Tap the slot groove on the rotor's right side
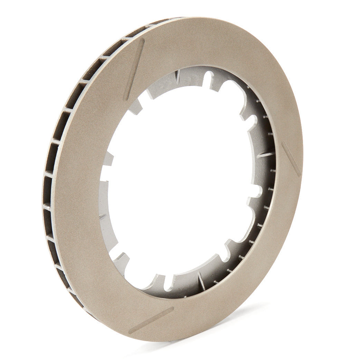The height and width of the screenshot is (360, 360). point(291,159)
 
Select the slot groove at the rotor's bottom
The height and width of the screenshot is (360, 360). point(151,320)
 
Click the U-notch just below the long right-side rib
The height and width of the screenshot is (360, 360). point(256,191)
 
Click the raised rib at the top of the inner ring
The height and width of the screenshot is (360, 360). point(178,76)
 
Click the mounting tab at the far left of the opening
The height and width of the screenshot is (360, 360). point(107,159)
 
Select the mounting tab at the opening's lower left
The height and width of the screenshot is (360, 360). point(121,259)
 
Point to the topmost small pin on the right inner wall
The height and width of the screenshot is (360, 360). point(249,88)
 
